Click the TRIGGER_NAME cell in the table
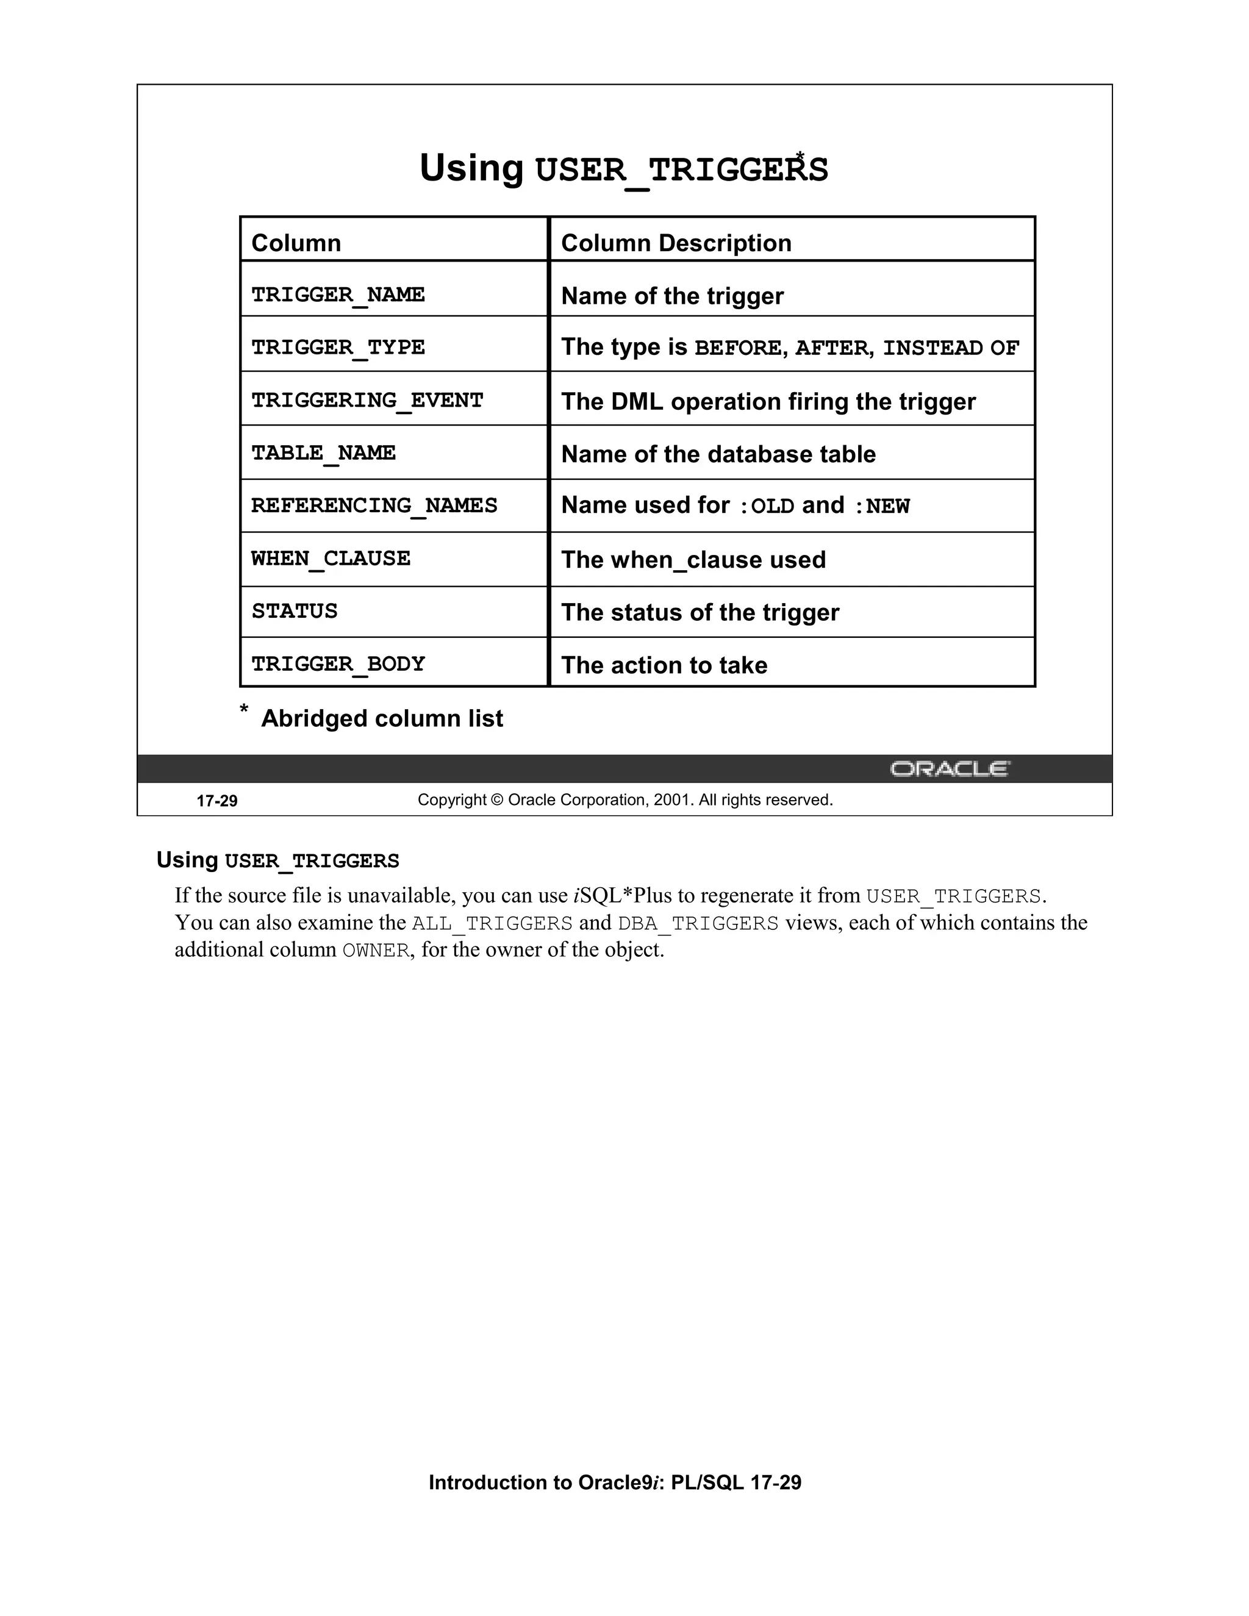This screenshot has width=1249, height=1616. coord(338,295)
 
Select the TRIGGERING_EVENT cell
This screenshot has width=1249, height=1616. coord(367,400)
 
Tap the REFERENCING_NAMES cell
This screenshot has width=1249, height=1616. coord(374,506)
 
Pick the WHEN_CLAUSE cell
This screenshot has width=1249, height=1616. coord(331,559)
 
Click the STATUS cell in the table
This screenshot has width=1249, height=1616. coord(295,611)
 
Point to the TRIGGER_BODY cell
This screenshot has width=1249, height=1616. coord(338,663)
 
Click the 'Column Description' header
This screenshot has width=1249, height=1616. coord(676,243)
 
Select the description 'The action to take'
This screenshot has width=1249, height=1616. coord(664,665)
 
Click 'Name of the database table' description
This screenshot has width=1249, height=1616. coord(718,454)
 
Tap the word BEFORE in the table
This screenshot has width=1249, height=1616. coord(737,348)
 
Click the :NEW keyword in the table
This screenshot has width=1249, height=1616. coord(882,506)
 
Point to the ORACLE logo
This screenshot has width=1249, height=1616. coord(950,769)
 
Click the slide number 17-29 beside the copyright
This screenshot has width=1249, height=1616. coord(217,801)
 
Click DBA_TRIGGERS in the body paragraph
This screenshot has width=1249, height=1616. coord(698,923)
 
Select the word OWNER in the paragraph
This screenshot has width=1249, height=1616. coord(375,951)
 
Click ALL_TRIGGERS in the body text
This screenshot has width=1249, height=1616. coord(492,923)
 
